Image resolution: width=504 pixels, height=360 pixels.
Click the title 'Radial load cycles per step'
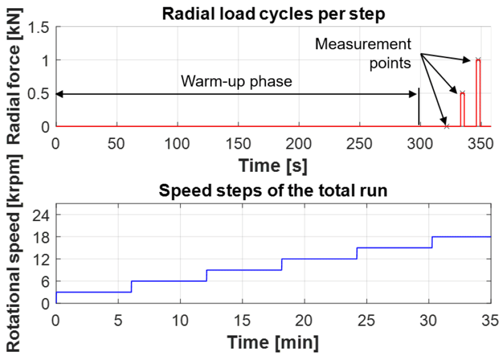tap(274, 14)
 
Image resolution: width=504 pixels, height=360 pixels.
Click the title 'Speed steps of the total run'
tap(273, 190)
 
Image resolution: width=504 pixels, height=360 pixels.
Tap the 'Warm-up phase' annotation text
tap(236, 81)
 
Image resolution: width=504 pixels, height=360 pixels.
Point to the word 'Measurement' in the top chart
tap(363, 44)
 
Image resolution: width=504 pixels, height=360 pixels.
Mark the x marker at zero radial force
tap(447, 127)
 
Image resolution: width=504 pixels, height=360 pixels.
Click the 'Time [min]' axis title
tap(273, 342)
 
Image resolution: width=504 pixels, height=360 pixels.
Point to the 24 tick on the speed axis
tap(41, 215)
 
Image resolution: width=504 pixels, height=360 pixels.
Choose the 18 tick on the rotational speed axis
tap(41, 237)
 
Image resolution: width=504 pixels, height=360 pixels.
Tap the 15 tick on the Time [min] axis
tap(242, 321)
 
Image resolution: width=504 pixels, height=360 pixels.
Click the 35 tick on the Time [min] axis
tap(490, 321)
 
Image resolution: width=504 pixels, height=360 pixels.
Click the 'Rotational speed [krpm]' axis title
tap(14, 253)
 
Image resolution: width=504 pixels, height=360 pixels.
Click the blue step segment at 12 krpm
tap(320, 259)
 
